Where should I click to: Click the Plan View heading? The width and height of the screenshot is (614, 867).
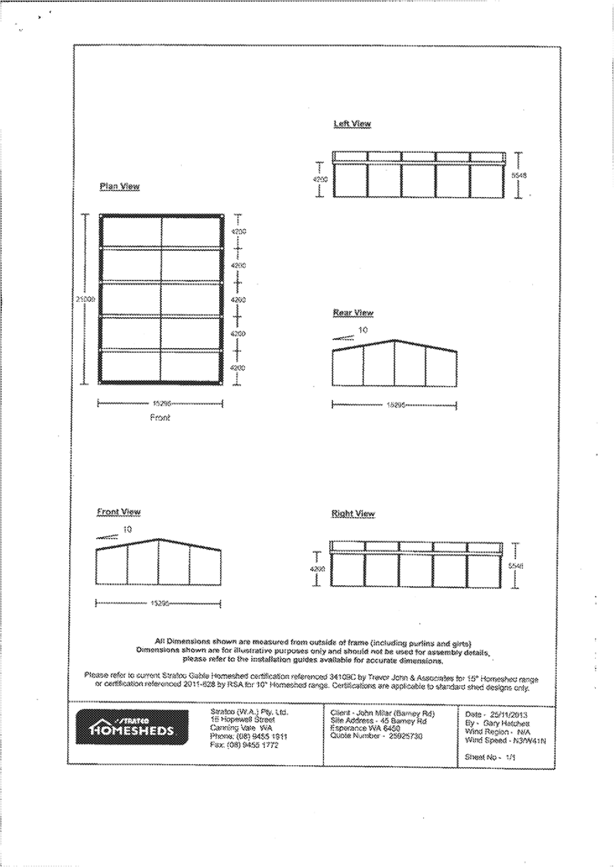[119, 186]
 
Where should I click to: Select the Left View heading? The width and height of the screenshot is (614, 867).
[352, 123]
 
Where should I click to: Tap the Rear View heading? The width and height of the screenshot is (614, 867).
[353, 313]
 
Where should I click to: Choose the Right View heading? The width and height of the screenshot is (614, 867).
[353, 513]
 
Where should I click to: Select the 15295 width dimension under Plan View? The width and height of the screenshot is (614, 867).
[162, 402]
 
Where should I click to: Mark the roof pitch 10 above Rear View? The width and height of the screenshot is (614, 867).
[363, 330]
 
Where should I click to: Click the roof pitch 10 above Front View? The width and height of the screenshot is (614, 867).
[127, 529]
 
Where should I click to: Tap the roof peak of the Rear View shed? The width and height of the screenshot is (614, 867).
[395, 341]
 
